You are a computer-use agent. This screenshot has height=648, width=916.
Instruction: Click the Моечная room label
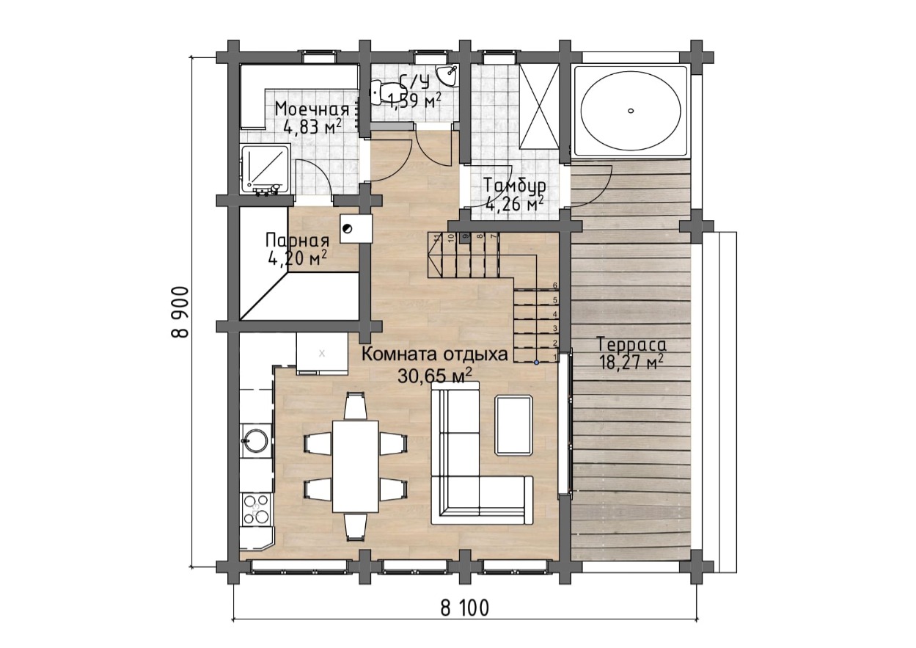coord(312,109)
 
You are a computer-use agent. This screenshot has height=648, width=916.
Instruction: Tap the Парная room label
coord(297,240)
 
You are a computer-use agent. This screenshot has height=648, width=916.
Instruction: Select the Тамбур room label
coord(515,186)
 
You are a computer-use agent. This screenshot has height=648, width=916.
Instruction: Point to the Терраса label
coord(631,344)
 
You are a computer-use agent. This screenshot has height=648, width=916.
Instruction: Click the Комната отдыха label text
coord(435,354)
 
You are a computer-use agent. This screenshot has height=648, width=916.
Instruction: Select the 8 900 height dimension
coord(180,312)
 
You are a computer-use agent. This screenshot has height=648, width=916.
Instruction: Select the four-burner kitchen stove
coord(257,509)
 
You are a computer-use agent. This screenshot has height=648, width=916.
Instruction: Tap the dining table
coord(355,466)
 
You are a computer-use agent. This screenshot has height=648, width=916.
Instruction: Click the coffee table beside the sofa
coord(513,425)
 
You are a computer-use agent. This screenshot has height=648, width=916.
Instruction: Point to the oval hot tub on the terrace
coord(631,111)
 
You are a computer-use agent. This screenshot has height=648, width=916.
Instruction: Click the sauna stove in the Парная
coord(356,229)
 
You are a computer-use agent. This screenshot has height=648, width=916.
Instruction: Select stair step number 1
coord(535,355)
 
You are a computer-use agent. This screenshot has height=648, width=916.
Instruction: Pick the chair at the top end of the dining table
coord(355,405)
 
